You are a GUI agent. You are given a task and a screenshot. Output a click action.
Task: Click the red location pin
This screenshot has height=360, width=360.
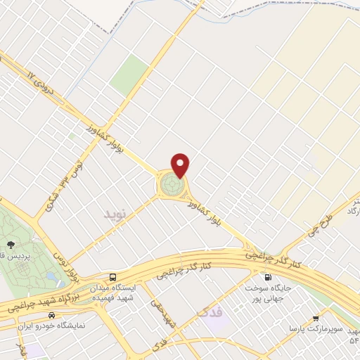(181, 165)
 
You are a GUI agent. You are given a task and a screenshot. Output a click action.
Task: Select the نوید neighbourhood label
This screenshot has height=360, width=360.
(117, 212)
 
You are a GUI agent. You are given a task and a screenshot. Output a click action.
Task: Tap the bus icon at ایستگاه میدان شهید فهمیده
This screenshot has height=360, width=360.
(114, 276)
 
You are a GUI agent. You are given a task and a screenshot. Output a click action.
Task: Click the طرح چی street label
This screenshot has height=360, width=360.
(316, 224)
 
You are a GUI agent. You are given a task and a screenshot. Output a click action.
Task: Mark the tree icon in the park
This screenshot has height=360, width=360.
(10, 245)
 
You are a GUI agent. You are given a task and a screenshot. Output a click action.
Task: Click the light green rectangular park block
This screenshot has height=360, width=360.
(129, 73)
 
